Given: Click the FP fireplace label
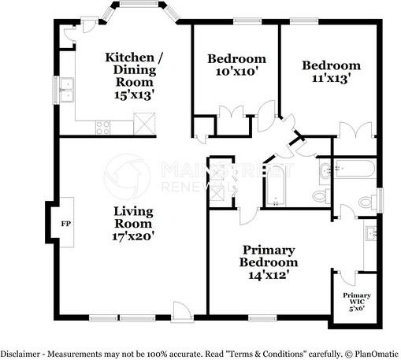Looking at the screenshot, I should click(x=65, y=223).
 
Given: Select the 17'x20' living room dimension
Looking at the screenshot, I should click(x=132, y=235).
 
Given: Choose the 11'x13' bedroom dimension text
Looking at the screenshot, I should click(x=332, y=79).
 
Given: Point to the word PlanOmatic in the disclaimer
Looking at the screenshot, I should click(x=375, y=354).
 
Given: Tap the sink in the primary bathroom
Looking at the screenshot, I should click(x=371, y=233).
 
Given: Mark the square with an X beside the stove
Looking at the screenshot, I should click(x=144, y=123).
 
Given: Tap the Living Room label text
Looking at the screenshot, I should click(x=132, y=217).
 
